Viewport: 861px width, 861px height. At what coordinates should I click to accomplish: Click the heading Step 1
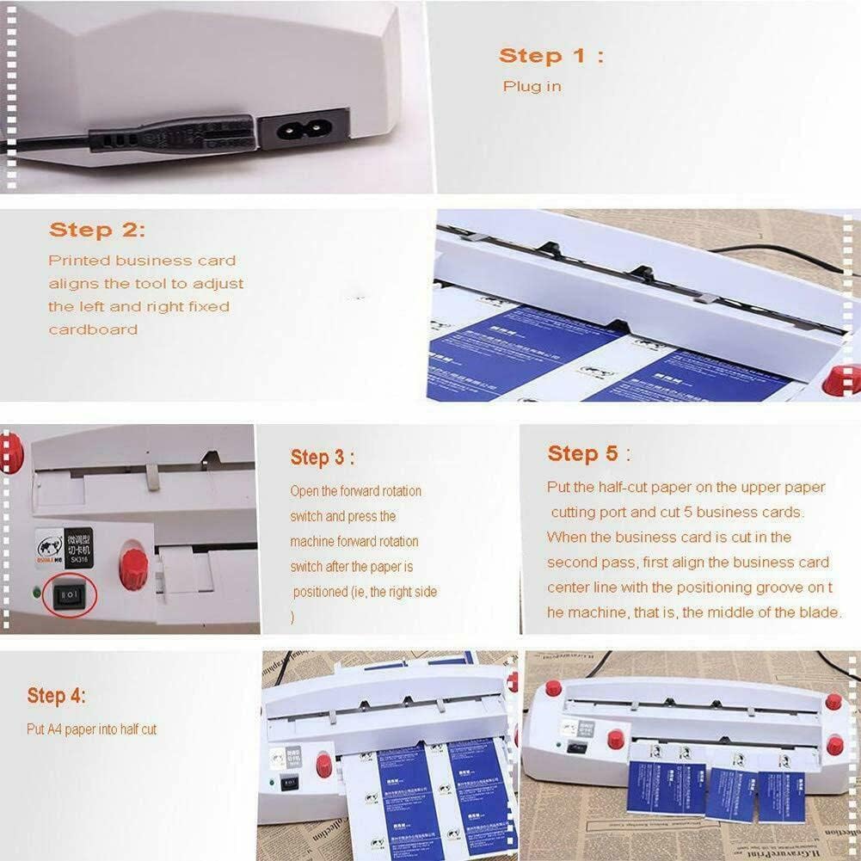pyautogui.click(x=550, y=56)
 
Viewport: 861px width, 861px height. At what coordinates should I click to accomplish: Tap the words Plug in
pyautogui.click(x=532, y=87)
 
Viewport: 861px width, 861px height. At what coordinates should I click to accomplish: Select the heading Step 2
pyautogui.click(x=97, y=231)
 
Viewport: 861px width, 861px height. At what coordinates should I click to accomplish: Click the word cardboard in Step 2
pyautogui.click(x=93, y=329)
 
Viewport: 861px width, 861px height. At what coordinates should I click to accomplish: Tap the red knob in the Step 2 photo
pyautogui.click(x=841, y=379)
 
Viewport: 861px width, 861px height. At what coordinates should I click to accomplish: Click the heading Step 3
pyautogui.click(x=322, y=458)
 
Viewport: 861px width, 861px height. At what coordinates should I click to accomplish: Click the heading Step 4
pyautogui.click(x=56, y=695)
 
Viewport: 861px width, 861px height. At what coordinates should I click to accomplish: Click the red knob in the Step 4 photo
pyautogui.click(x=324, y=765)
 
